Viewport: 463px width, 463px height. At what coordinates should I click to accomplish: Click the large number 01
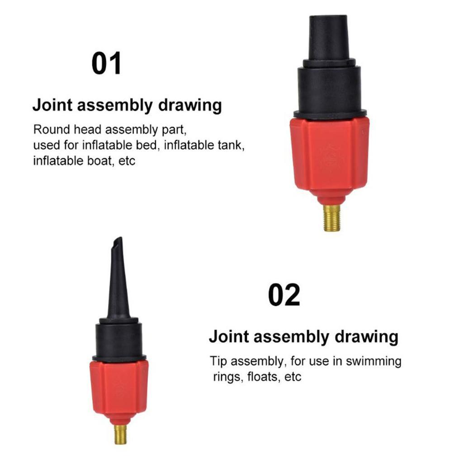coord(107,64)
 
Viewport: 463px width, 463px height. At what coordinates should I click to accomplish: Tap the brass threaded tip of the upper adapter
coord(332,218)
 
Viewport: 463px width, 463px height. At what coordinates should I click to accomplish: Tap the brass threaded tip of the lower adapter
coord(120,434)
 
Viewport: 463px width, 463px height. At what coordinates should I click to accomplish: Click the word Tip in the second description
coord(217,361)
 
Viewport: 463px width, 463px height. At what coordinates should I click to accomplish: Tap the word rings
coord(228,377)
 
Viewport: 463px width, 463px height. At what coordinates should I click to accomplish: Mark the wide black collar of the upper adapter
coord(330,90)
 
